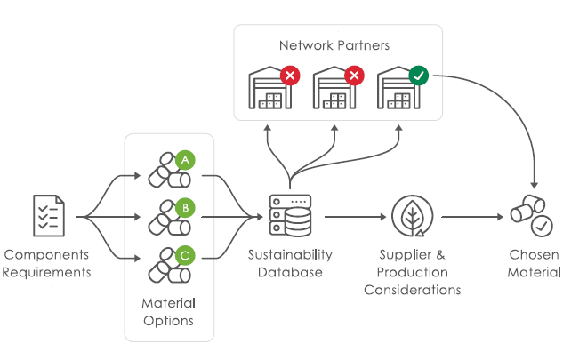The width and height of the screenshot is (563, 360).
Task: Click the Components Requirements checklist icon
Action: (46, 216)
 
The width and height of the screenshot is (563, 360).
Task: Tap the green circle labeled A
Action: (185, 160)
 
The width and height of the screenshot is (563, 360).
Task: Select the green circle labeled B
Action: (185, 207)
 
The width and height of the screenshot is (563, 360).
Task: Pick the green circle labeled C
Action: (185, 255)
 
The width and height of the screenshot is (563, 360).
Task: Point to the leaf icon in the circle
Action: (412, 216)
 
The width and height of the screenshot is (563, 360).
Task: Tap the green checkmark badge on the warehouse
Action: (418, 76)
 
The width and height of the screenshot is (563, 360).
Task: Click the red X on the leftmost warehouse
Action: (290, 76)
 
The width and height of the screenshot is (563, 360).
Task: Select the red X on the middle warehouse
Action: (354, 76)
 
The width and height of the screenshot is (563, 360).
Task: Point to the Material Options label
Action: (169, 312)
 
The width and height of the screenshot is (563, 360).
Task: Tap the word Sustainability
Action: (290, 255)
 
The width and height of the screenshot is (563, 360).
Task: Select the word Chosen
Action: (534, 255)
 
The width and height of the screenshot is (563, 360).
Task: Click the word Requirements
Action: (46, 272)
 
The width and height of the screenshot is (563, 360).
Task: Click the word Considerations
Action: (413, 290)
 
